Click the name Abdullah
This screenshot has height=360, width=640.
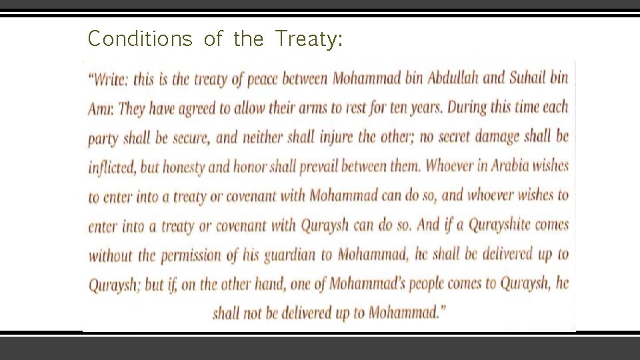(447, 79)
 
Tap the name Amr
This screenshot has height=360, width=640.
(101, 109)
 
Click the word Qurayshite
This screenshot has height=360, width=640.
(499, 225)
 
